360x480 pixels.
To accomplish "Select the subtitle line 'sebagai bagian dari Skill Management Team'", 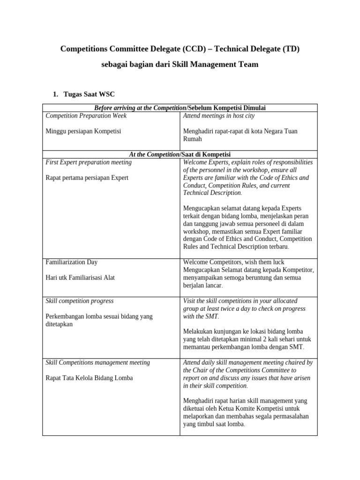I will tap(180, 64).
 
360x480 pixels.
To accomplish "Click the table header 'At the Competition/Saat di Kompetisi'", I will tap(180, 154).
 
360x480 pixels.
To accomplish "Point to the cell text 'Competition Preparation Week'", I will tap(86, 115).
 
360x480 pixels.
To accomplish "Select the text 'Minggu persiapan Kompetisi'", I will tap(83, 131).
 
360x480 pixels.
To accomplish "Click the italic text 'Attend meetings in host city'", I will tap(219, 115).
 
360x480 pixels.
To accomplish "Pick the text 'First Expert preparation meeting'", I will tap(89, 162).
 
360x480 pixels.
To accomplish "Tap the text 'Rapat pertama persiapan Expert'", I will tap(87, 178).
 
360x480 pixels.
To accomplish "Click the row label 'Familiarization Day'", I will tap(72, 262).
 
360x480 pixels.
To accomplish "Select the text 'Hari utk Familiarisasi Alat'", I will tap(80, 277).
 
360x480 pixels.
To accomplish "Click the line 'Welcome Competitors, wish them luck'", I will tap(233, 262).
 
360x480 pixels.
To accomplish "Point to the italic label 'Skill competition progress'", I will tap(80, 300).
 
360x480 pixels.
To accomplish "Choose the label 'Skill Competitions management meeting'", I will tap(98, 362).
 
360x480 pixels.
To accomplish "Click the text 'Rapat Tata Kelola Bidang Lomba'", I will tap(89, 378).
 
